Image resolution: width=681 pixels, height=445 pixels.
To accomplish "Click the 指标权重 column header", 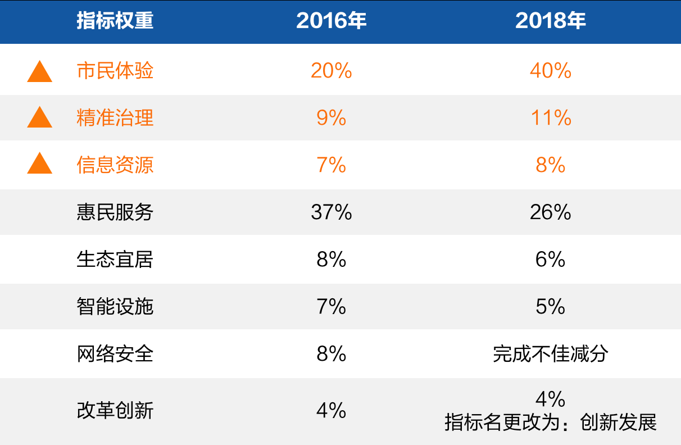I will pyautogui.click(x=115, y=21).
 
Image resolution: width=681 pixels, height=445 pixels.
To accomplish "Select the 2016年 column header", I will pyautogui.click(x=331, y=21).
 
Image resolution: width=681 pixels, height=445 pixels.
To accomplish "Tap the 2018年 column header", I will pyautogui.click(x=550, y=21).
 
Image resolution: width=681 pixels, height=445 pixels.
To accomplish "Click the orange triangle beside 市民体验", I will pyautogui.click(x=40, y=72).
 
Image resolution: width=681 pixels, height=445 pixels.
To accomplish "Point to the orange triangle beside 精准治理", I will pyautogui.click(x=40, y=118).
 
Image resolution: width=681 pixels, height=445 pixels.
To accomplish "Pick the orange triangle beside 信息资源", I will pyautogui.click(x=40, y=165).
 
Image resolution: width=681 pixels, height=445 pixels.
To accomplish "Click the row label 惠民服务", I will pyautogui.click(x=115, y=212).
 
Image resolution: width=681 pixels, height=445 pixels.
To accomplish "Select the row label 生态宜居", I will pyautogui.click(x=115, y=259).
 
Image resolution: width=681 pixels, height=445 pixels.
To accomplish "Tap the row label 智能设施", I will pyautogui.click(x=115, y=306).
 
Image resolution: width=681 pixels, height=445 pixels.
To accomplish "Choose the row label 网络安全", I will pyautogui.click(x=115, y=353).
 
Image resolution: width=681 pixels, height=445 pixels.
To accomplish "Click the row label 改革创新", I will pyautogui.click(x=115, y=411).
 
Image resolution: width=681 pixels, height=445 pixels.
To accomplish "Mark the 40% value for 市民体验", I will pyautogui.click(x=550, y=71).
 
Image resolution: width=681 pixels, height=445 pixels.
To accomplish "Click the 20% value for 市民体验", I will pyautogui.click(x=331, y=71).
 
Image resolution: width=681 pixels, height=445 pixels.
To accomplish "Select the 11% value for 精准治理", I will pyautogui.click(x=550, y=118).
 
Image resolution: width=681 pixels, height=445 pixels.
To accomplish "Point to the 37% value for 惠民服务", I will pyautogui.click(x=331, y=212).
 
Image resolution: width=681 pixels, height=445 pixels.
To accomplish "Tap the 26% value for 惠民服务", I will pyautogui.click(x=550, y=212).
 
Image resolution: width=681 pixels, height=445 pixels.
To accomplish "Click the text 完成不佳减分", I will pyautogui.click(x=550, y=353).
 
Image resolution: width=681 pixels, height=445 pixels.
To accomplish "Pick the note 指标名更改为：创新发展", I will pyautogui.click(x=550, y=422).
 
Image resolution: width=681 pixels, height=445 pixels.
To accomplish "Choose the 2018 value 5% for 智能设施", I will pyautogui.click(x=550, y=306).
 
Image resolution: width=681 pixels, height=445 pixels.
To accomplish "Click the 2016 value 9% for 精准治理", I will pyautogui.click(x=331, y=118).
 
